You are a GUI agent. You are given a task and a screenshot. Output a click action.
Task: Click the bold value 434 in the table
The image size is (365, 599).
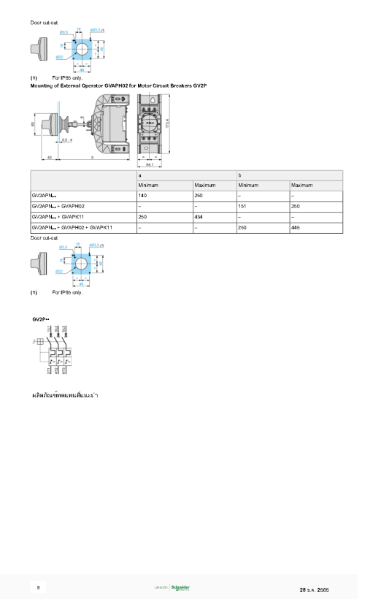(x=199, y=217)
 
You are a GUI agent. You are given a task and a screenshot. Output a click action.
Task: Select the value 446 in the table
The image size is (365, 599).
(x=296, y=228)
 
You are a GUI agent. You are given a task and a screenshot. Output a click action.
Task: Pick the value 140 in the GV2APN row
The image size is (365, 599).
(x=142, y=196)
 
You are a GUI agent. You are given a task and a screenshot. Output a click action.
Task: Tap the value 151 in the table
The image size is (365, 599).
(x=242, y=207)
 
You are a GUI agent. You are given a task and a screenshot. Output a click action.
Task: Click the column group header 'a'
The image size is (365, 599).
(x=139, y=175)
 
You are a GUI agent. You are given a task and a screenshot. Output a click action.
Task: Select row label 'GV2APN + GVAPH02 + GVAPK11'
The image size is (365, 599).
(x=72, y=228)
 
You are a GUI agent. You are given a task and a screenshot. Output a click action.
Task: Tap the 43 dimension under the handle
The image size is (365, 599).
(x=49, y=157)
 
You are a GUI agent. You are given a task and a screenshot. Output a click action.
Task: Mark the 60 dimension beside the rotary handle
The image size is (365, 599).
(x=34, y=124)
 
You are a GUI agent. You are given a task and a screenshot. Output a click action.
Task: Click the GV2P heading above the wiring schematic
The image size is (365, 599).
(x=41, y=319)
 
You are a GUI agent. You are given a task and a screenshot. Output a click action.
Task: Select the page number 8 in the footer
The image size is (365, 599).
(x=39, y=587)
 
